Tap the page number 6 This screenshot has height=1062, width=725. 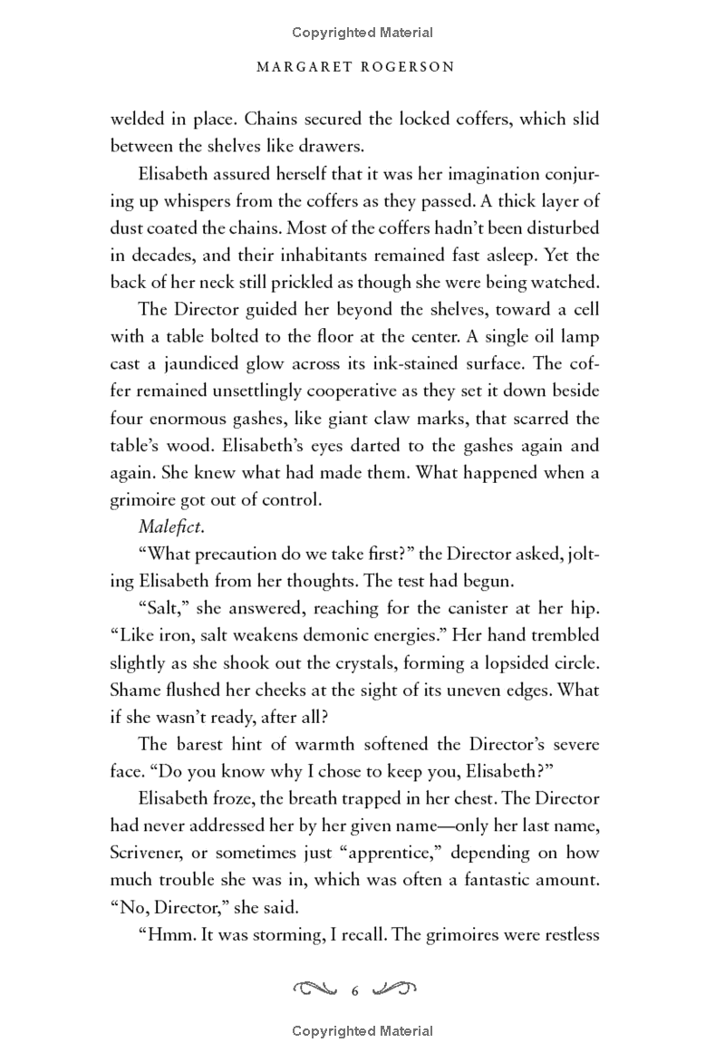[355, 991]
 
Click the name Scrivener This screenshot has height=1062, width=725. [150, 854]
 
